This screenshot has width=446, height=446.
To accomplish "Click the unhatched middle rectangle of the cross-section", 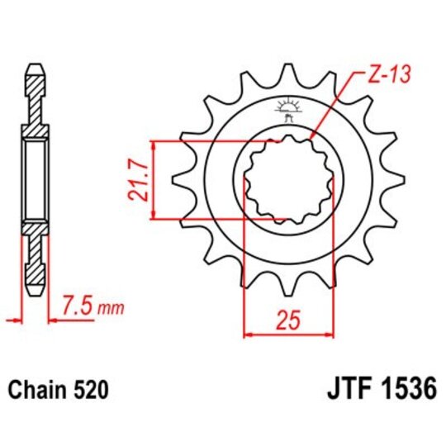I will pyautogui.click(x=35, y=179).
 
